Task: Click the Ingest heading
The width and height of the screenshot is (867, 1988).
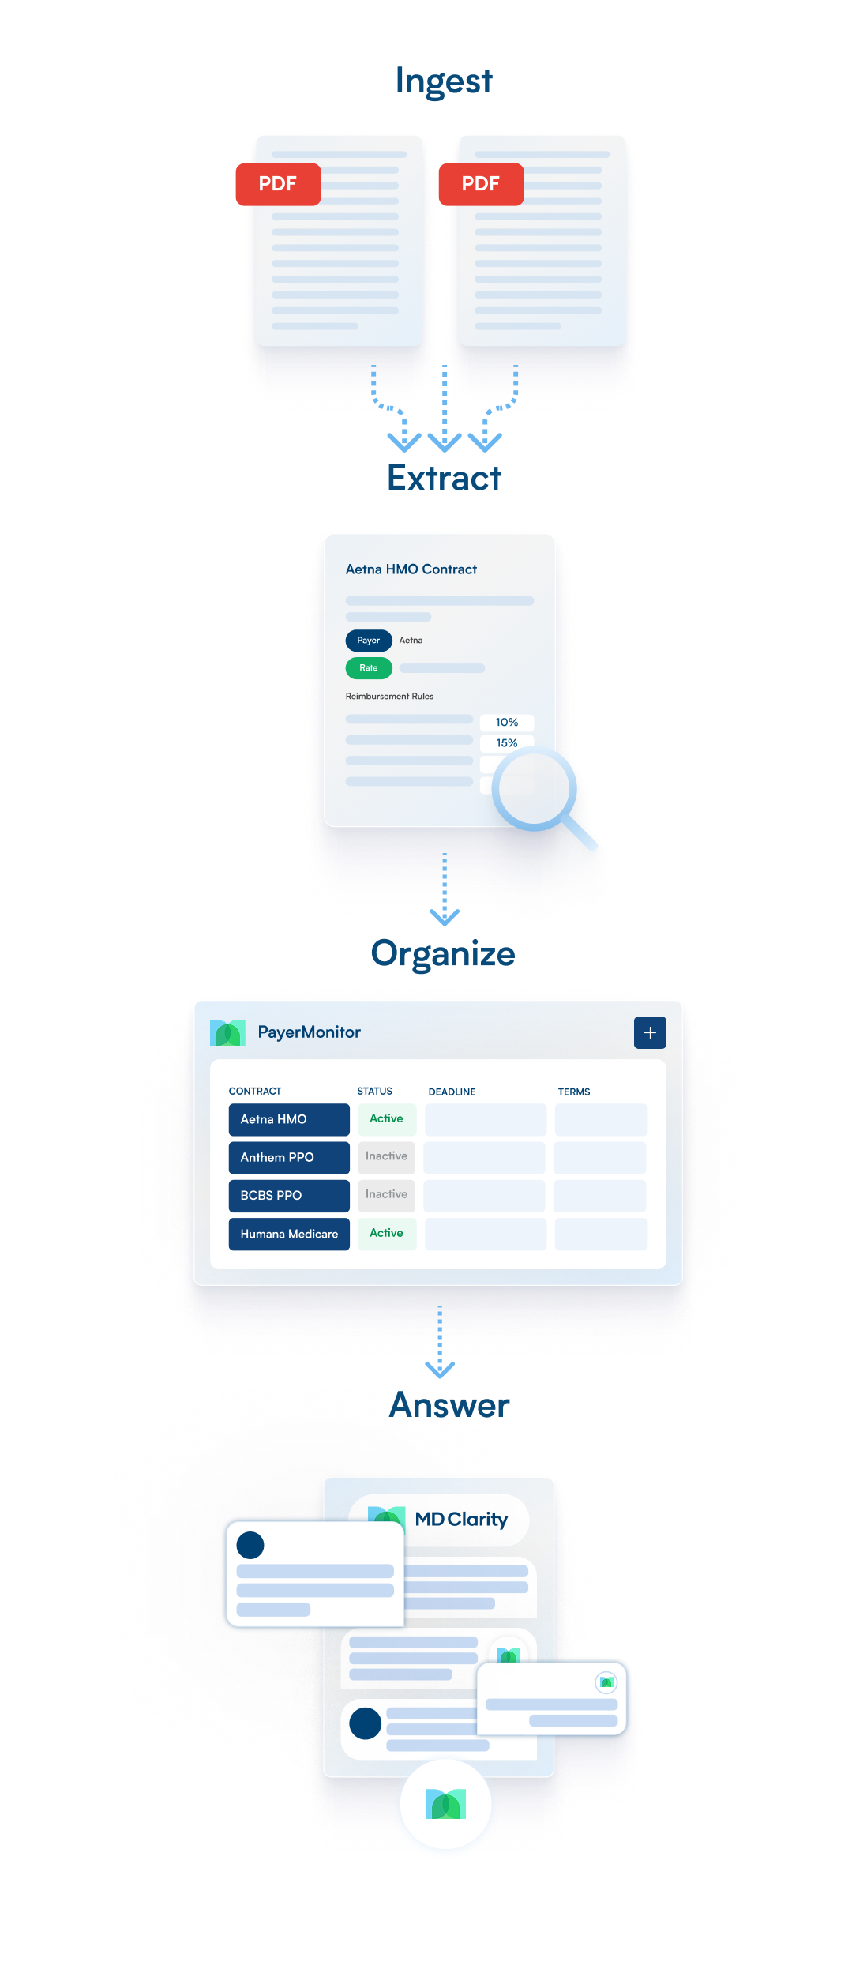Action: [444, 81]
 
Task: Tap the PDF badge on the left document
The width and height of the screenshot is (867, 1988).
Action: [278, 184]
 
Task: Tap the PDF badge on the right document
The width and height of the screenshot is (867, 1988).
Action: [481, 184]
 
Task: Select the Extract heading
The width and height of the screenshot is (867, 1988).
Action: [444, 479]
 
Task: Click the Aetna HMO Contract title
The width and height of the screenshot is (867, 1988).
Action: [411, 569]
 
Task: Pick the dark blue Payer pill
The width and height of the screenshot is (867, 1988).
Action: [369, 641]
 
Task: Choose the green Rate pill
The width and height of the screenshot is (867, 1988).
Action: [369, 668]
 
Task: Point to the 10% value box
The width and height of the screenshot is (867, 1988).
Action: [507, 723]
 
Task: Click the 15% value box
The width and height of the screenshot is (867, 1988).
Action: [507, 743]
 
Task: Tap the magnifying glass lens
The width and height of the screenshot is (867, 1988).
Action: [535, 788]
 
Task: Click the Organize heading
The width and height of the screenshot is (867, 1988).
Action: [443, 953]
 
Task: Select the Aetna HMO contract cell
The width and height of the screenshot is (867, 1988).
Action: [289, 1119]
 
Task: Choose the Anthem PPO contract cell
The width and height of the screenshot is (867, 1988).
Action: [289, 1157]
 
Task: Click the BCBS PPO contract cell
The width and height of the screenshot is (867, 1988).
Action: [289, 1195]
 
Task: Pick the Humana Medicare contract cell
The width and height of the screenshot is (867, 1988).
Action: [289, 1234]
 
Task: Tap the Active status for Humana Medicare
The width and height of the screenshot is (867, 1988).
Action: [386, 1233]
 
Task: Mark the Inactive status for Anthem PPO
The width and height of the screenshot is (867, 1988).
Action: [386, 1156]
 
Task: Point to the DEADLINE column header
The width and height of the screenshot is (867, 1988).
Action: [452, 1092]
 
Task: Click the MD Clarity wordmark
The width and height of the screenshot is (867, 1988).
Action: [461, 1519]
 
